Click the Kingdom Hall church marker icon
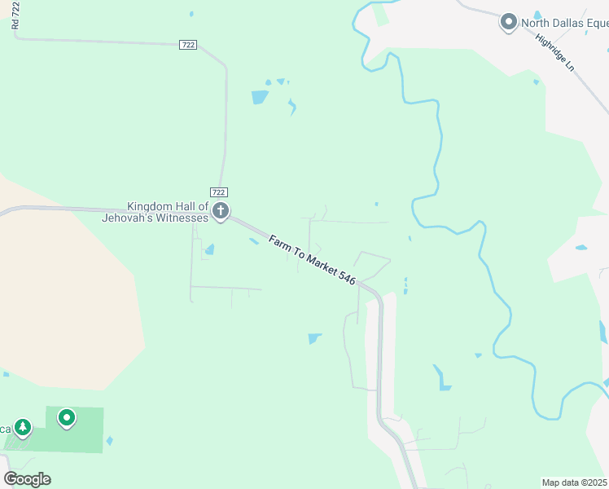click(x=220, y=212)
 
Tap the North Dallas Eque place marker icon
click(x=509, y=22)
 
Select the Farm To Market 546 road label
click(x=313, y=260)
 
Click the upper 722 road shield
click(x=188, y=46)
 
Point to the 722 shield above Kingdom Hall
click(x=219, y=191)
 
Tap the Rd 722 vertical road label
click(x=15, y=15)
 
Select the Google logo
click(x=27, y=479)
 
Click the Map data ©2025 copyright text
click(x=574, y=482)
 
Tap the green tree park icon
click(x=23, y=427)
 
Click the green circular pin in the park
click(x=67, y=419)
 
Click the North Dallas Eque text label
click(x=564, y=22)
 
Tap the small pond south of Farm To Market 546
click(x=314, y=338)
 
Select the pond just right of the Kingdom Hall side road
click(x=209, y=249)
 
